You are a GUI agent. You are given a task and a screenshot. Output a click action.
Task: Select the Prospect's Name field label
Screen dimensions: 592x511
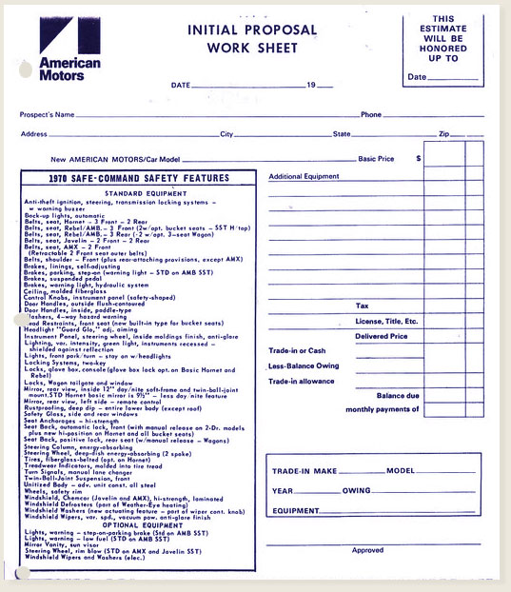tap(47, 115)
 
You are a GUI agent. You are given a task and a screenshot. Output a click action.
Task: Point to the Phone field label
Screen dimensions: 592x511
tap(370, 115)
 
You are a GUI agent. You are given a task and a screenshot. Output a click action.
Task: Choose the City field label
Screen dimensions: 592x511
tap(226, 134)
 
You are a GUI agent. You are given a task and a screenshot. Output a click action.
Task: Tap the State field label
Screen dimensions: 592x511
tap(341, 134)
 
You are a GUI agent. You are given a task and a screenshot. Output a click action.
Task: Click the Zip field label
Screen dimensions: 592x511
tap(443, 134)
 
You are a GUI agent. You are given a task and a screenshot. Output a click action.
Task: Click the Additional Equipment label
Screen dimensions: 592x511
tap(304, 177)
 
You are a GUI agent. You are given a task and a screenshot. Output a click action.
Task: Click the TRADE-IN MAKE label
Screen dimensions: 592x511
tap(305, 471)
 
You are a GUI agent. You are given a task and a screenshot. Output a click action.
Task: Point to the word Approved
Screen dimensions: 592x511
tap(367, 550)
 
